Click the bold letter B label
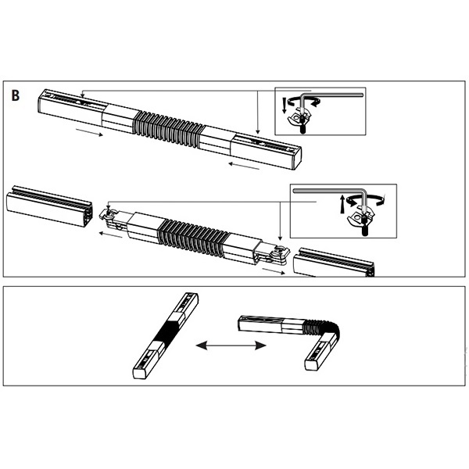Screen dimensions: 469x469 click(16, 95)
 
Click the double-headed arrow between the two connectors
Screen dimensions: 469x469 click(231, 345)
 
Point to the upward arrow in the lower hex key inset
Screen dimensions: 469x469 click(342, 204)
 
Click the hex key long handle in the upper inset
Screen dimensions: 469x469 click(332, 95)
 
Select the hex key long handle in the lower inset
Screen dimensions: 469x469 click(328, 191)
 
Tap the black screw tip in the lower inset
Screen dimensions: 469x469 click(364, 228)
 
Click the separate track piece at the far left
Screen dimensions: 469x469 click(49, 206)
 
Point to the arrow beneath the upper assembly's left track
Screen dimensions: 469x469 click(89, 133)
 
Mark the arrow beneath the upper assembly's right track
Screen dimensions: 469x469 click(244, 166)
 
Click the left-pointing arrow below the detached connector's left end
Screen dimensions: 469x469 click(110, 235)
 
